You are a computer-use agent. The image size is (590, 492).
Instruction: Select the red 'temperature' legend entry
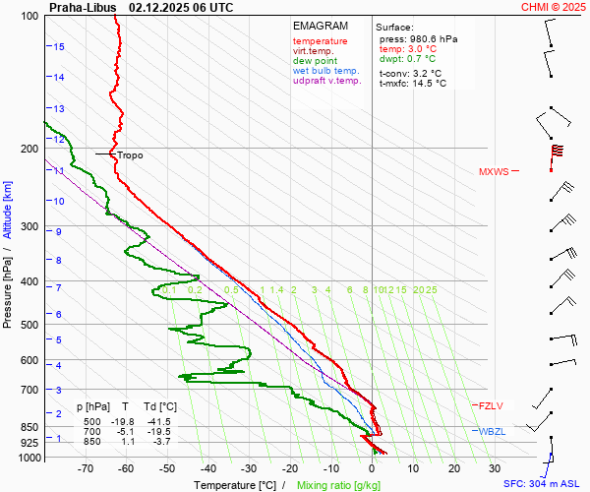click(x=320, y=41)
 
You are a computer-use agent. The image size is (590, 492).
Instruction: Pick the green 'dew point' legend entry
click(x=314, y=61)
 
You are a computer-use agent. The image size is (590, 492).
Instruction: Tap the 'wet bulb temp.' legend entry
click(x=327, y=71)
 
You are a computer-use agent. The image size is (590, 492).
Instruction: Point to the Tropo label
click(x=130, y=155)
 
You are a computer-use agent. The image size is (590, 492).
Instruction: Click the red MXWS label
click(x=494, y=172)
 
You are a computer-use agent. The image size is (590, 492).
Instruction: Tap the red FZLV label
click(x=490, y=405)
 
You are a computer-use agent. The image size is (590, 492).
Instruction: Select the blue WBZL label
click(x=492, y=432)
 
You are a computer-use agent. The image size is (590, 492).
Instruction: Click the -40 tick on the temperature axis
click(x=207, y=468)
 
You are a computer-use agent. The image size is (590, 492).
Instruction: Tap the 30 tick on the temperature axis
click(x=495, y=468)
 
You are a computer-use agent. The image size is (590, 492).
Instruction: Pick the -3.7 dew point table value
click(x=161, y=442)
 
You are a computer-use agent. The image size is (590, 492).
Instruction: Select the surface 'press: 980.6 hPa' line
click(x=418, y=38)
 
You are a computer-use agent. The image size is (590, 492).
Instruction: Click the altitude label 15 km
click(x=59, y=46)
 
